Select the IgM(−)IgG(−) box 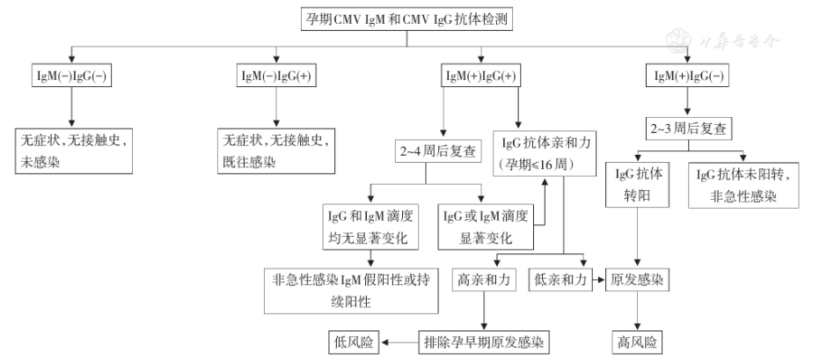click(71, 76)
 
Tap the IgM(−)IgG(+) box click(277, 76)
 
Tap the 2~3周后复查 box click(688, 129)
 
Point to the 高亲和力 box click(483, 281)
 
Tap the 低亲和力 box click(560, 281)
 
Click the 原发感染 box click(637, 281)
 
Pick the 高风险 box click(637, 341)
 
